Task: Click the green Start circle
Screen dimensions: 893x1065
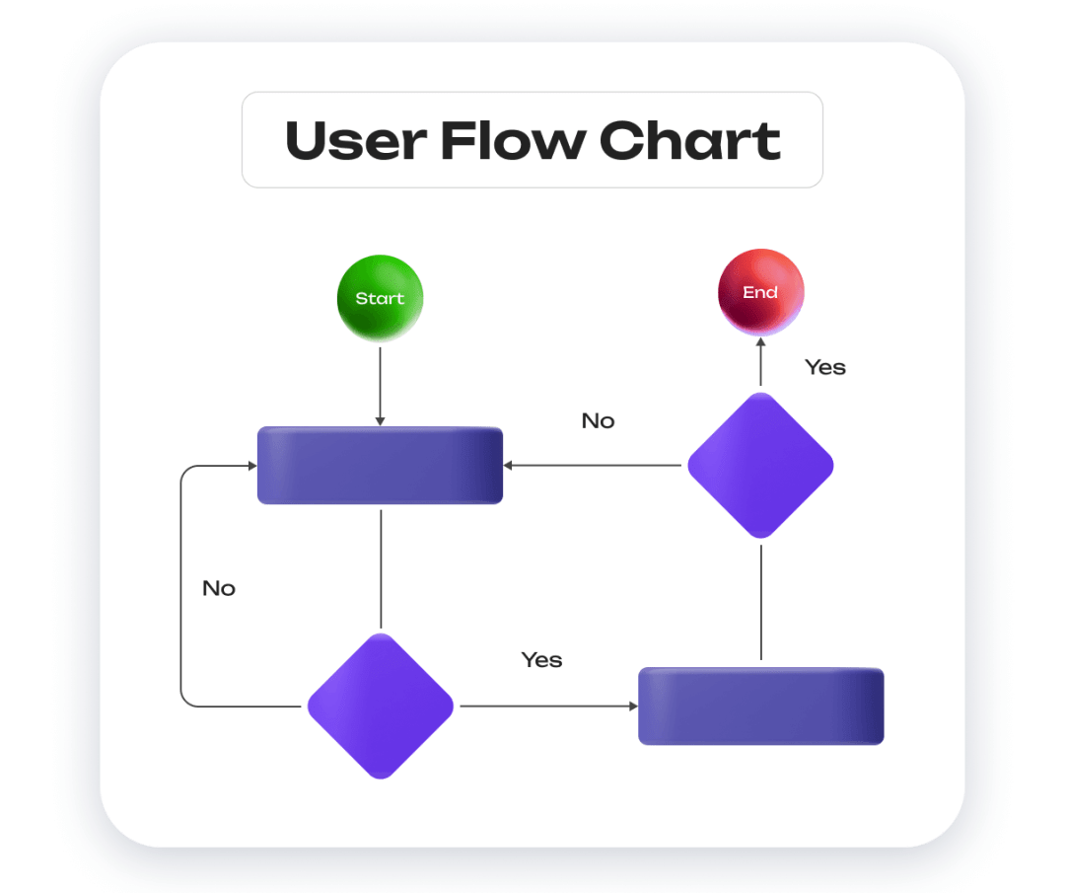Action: coord(380,298)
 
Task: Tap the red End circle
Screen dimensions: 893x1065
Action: coord(760,293)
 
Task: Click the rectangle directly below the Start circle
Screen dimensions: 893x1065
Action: coord(380,466)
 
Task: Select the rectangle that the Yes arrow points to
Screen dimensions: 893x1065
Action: coord(760,706)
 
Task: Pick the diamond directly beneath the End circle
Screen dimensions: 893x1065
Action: coord(760,466)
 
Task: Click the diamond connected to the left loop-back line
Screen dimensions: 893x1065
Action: coord(380,706)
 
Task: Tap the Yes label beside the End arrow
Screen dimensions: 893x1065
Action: coord(825,367)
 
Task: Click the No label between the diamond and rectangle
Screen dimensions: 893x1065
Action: coord(598,421)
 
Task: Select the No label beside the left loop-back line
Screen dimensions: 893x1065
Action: coord(219,589)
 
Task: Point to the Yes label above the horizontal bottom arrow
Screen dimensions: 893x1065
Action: coord(541,660)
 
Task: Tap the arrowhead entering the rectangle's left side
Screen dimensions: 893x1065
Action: coord(250,466)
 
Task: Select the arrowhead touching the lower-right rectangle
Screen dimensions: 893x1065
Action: coord(632,706)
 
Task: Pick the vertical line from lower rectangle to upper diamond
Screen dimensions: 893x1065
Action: coord(760,602)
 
